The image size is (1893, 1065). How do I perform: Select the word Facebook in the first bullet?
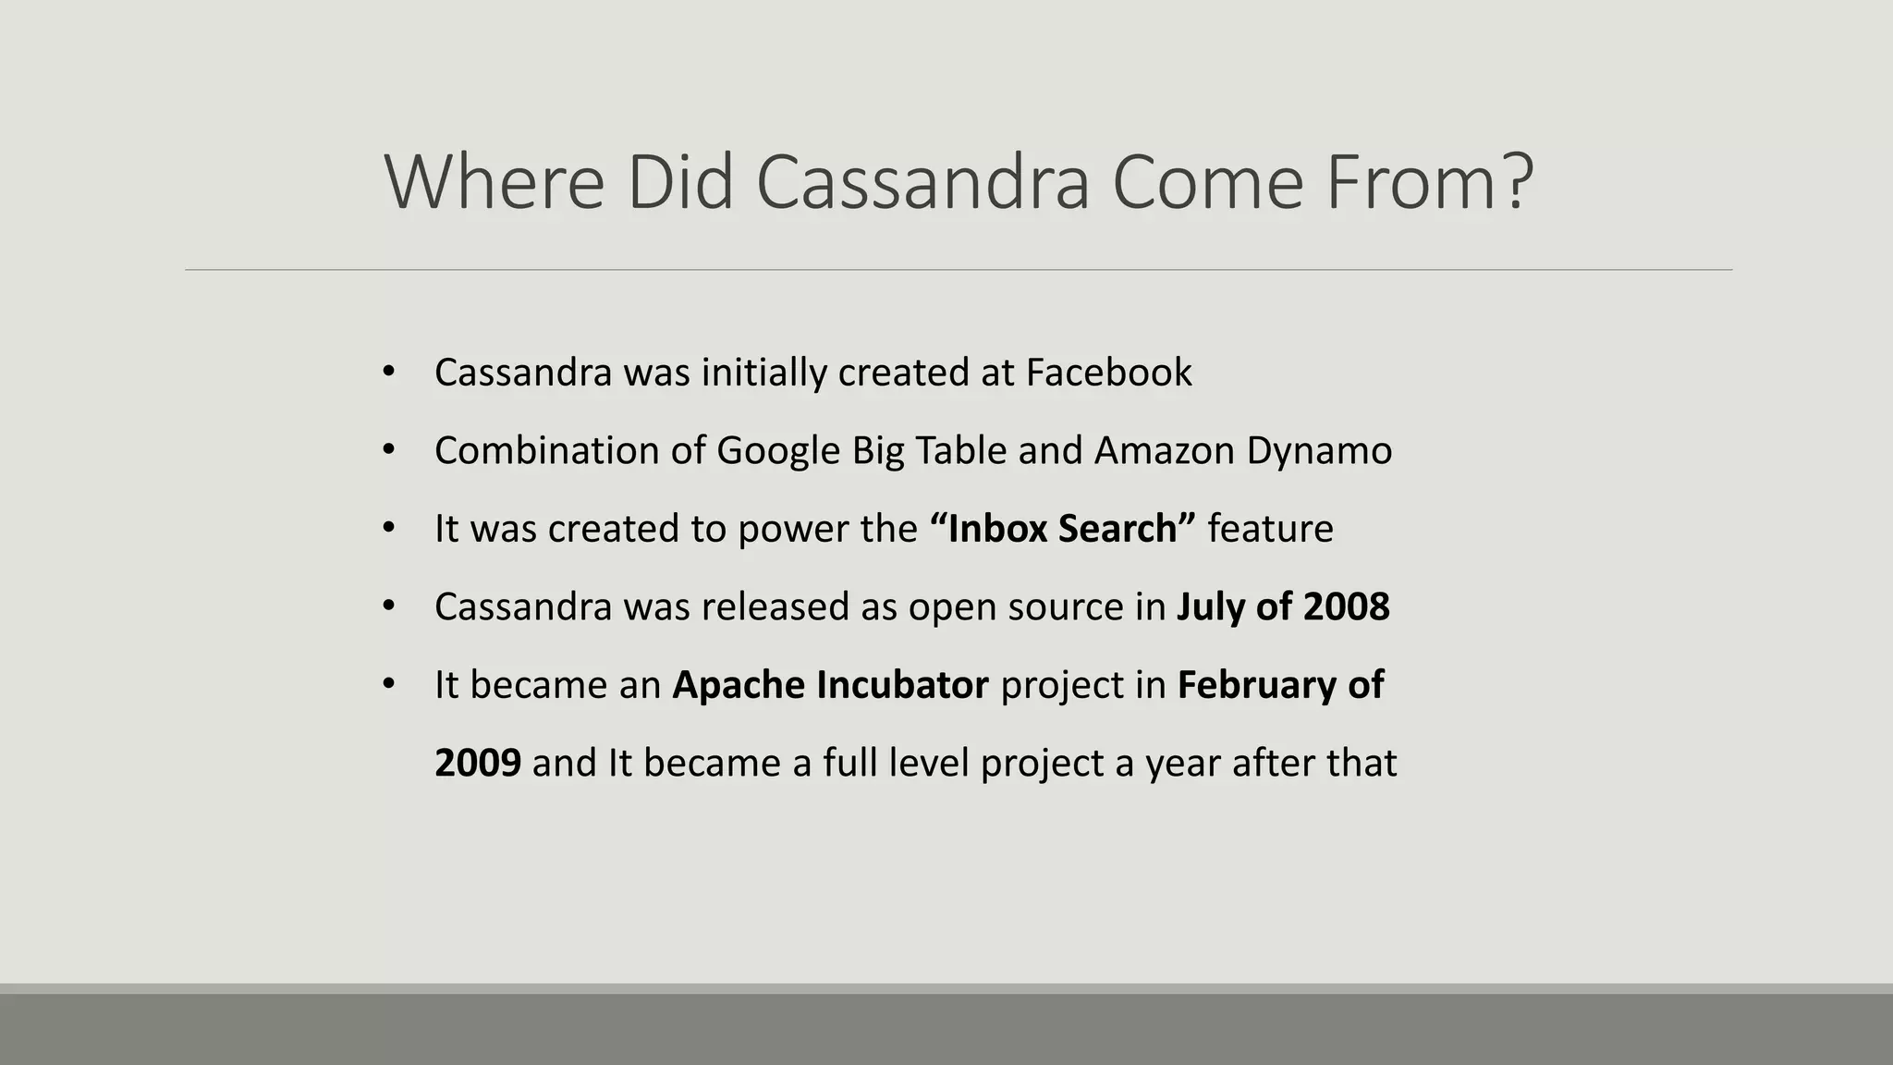click(x=1108, y=373)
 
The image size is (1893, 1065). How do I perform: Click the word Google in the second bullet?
click(x=777, y=451)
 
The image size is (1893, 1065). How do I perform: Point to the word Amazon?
click(x=1164, y=451)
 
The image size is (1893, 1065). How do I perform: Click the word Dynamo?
click(x=1319, y=451)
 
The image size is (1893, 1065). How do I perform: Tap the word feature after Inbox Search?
click(x=1270, y=529)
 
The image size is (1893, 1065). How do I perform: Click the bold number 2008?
click(x=1346, y=607)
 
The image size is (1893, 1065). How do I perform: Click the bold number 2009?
click(x=477, y=764)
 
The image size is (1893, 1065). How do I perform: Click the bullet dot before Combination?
click(x=388, y=450)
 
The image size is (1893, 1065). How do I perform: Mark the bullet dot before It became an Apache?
click(x=388, y=684)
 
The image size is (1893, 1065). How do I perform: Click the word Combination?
click(x=546, y=451)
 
